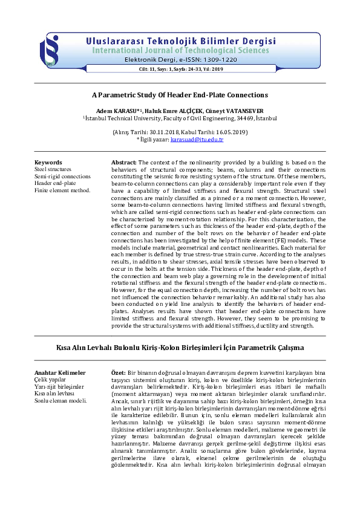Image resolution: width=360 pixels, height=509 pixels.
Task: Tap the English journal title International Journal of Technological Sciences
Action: (x=184, y=50)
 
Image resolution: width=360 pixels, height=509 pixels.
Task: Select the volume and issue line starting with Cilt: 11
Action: (x=181, y=70)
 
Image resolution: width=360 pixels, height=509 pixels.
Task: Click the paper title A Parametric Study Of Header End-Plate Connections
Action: (x=180, y=95)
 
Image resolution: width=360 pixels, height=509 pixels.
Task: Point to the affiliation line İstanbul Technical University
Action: (x=180, y=119)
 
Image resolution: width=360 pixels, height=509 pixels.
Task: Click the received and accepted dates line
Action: (x=180, y=132)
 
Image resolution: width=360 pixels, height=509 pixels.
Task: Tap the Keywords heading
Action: (x=48, y=163)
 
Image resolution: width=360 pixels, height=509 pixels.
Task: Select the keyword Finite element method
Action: (x=62, y=190)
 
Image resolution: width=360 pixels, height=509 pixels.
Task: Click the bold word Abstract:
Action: (x=124, y=163)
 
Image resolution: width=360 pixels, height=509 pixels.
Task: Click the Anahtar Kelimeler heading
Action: (x=60, y=373)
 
